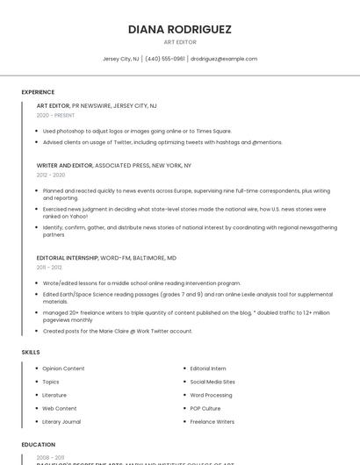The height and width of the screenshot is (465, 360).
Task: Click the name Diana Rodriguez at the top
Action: [x=179, y=29]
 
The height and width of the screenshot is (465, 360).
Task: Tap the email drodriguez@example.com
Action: [x=224, y=59]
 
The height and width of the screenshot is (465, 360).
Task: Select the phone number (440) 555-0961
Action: [x=165, y=59]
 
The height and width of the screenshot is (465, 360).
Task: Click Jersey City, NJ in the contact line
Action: [x=120, y=59]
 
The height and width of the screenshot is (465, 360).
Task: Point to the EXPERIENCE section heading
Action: [x=38, y=91]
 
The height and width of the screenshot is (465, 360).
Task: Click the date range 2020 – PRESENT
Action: [x=55, y=115]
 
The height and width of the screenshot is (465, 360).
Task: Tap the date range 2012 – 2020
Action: [x=51, y=175]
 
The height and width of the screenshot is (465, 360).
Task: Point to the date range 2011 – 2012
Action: [x=49, y=268]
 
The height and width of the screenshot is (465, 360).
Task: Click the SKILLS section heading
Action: [x=31, y=352]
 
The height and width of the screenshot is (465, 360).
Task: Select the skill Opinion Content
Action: [x=63, y=368]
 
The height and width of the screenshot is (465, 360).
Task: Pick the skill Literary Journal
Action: [x=61, y=422]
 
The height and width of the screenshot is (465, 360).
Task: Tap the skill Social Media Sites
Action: [x=212, y=382]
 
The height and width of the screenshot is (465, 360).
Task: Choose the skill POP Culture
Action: [x=205, y=408]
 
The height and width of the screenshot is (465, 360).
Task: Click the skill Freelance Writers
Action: [x=212, y=422]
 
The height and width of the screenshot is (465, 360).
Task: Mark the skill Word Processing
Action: [x=211, y=395]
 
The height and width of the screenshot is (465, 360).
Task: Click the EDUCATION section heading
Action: [x=38, y=445]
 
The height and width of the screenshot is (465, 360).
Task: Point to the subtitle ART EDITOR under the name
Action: [x=179, y=42]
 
